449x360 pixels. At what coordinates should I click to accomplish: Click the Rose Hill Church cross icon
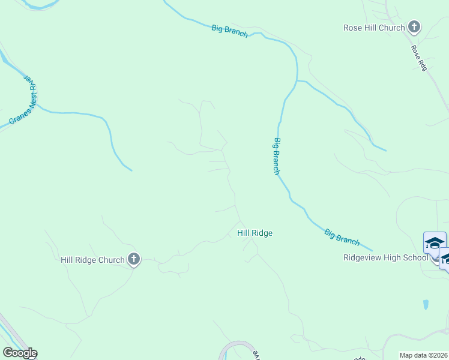tap(414, 27)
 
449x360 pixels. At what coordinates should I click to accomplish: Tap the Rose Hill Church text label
tap(375, 28)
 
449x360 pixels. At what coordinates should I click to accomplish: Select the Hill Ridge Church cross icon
tap(133, 260)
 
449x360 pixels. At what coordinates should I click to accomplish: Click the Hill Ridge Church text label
tap(92, 260)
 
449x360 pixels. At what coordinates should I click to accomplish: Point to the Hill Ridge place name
tap(255, 233)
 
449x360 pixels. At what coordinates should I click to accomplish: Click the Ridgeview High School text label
tap(385, 257)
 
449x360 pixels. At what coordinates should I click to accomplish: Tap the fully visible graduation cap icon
tap(435, 242)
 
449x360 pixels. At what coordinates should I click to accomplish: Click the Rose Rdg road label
tap(419, 58)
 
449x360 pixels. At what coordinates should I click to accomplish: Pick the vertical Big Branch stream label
tap(277, 156)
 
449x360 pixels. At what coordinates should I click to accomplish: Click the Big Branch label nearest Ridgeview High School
tap(342, 237)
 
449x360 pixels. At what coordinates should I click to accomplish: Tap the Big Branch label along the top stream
tap(229, 31)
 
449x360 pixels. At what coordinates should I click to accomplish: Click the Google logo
tap(19, 353)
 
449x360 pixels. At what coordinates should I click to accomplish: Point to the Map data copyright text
tap(424, 355)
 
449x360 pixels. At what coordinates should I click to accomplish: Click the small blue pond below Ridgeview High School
tap(426, 304)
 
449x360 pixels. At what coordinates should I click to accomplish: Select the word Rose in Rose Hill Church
tap(353, 28)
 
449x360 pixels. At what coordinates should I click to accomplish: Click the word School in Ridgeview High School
tap(415, 257)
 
